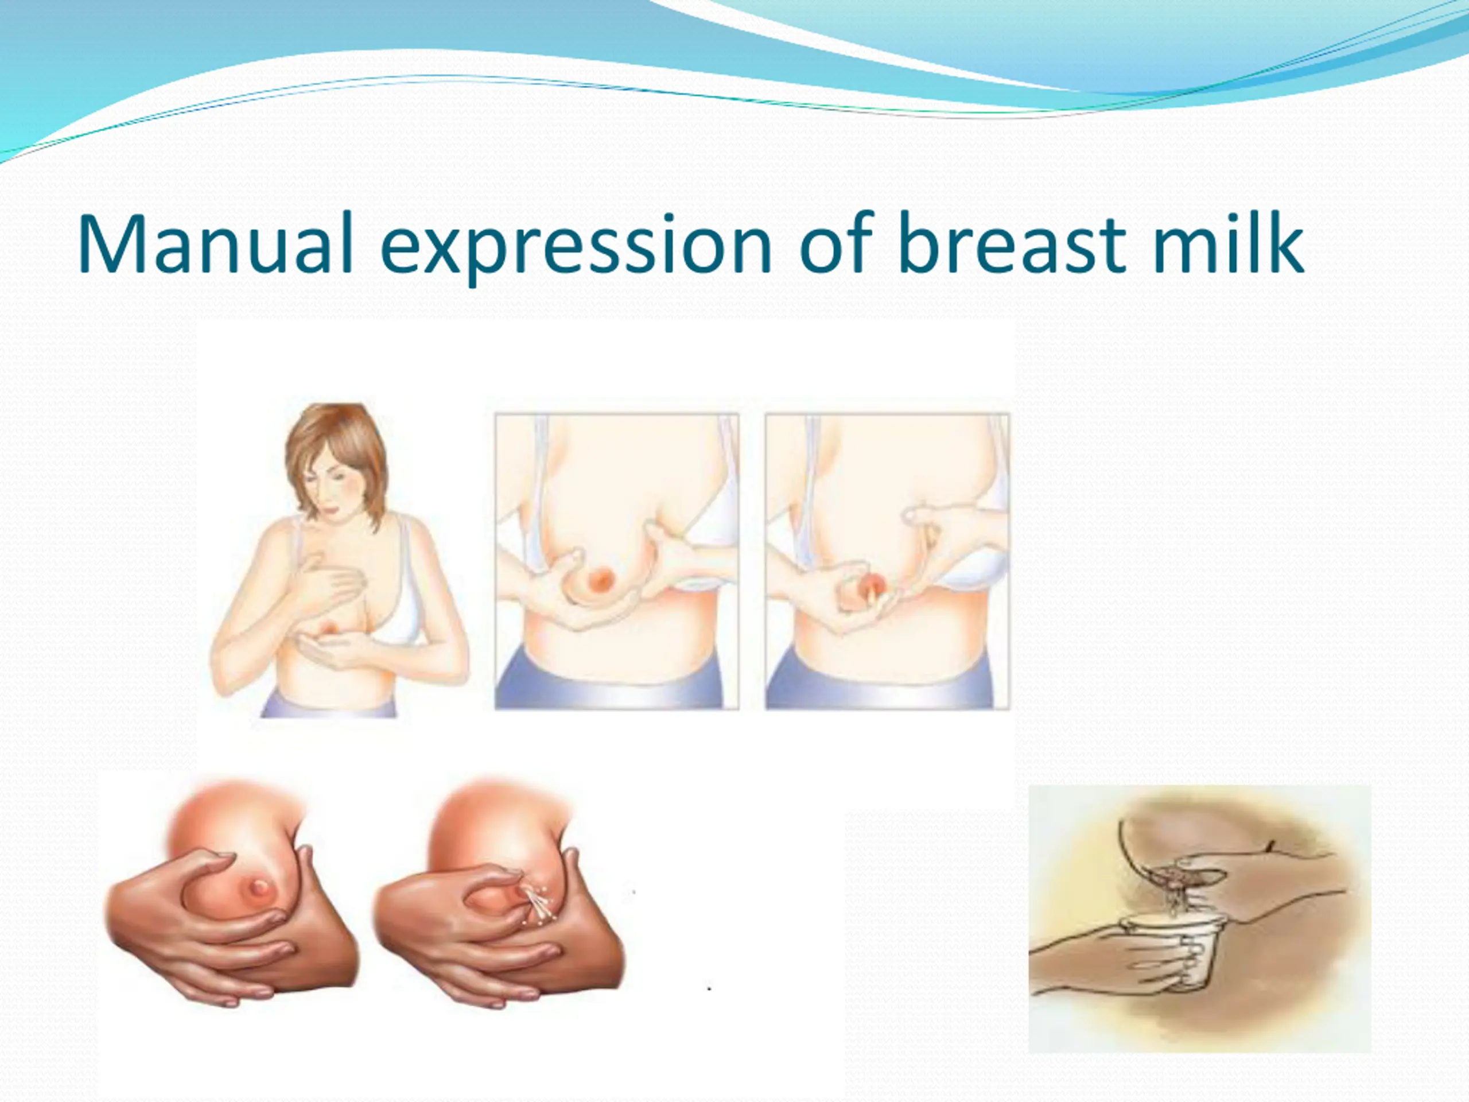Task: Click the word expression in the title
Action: pos(575,247)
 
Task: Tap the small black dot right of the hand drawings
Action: pos(709,989)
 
